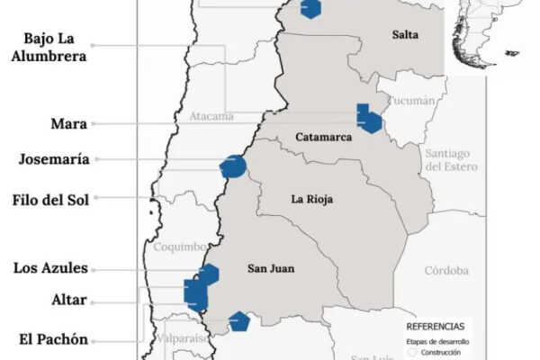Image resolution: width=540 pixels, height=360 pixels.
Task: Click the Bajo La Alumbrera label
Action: tap(56, 46)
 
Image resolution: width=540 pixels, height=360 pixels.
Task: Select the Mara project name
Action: tap(69, 123)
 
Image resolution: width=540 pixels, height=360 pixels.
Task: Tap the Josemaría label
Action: tap(54, 160)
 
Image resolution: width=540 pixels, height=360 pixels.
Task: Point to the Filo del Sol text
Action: tap(51, 200)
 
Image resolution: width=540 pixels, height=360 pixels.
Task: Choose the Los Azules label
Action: tap(51, 268)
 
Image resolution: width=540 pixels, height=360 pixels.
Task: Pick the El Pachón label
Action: tap(53, 339)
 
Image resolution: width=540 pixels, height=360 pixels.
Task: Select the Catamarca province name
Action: tap(321, 138)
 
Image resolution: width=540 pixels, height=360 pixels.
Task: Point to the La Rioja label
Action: tap(309, 199)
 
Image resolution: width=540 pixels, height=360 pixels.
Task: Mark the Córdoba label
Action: tap(447, 270)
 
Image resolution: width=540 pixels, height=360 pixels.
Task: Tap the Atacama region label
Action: tap(211, 116)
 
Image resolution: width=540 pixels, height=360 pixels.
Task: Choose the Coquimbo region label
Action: tap(180, 247)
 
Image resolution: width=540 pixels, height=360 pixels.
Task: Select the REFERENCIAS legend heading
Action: tap(436, 325)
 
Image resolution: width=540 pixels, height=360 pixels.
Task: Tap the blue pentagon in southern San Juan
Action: tap(238, 321)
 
